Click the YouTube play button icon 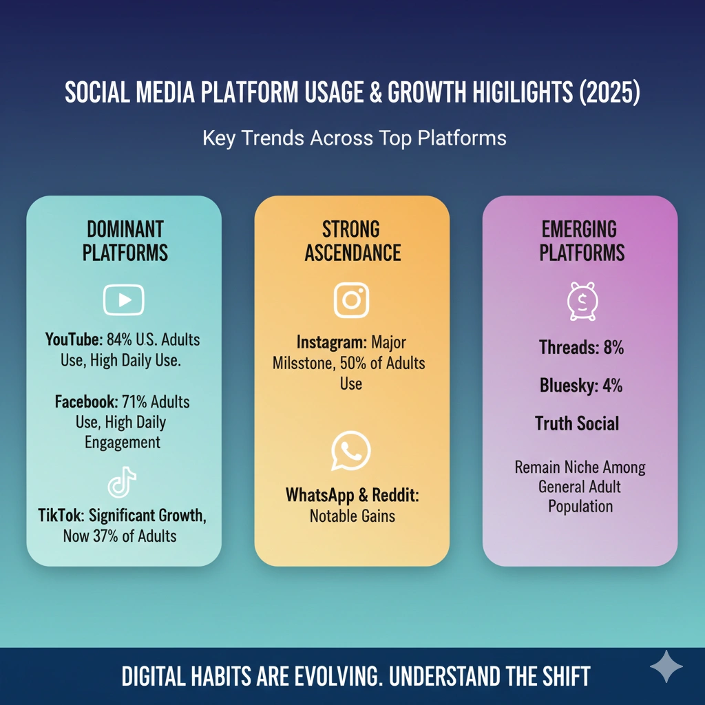pyautogui.click(x=123, y=299)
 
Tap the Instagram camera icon pyautogui.click(x=351, y=300)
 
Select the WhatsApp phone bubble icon pyautogui.click(x=351, y=451)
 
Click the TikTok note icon pyautogui.click(x=123, y=483)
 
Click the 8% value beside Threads pyautogui.click(x=613, y=348)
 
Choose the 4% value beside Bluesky pyautogui.click(x=611, y=386)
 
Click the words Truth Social pyautogui.click(x=577, y=423)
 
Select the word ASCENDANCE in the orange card pyautogui.click(x=352, y=253)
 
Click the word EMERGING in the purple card pyautogui.click(x=579, y=229)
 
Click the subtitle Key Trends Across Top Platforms pyautogui.click(x=354, y=138)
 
